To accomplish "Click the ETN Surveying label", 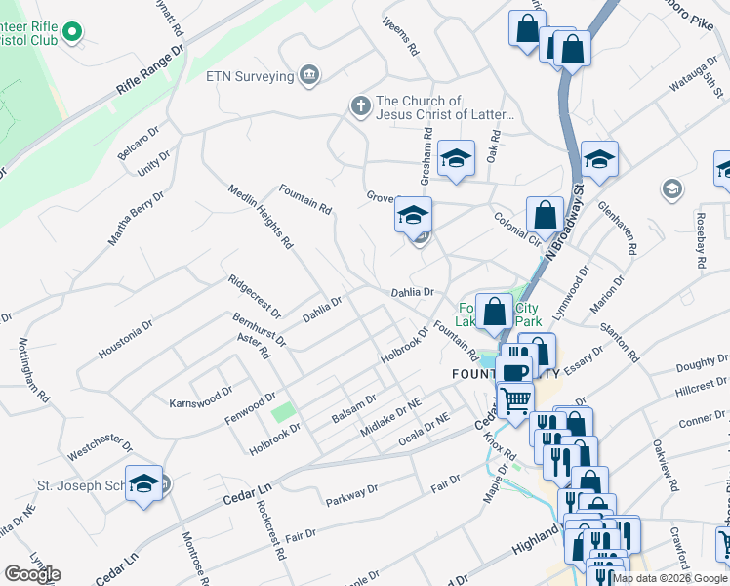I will coord(250,75).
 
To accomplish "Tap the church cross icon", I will coord(360,105).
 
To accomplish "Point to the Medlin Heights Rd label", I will coord(261,216).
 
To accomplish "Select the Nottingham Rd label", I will coord(32,372).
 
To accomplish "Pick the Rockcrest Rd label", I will coord(266,529).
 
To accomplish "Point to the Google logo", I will coord(32,574).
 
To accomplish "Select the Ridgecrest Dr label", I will coord(254,297).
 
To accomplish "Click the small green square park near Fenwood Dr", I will coord(282,412).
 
